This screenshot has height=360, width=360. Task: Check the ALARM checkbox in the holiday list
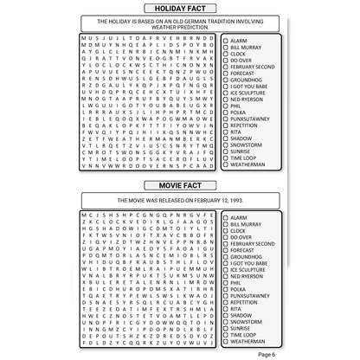coord(225,41)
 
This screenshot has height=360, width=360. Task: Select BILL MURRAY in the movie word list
coord(247,223)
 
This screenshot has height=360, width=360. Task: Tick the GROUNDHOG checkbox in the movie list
coord(225,257)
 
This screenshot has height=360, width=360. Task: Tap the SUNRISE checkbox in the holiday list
coord(225,150)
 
